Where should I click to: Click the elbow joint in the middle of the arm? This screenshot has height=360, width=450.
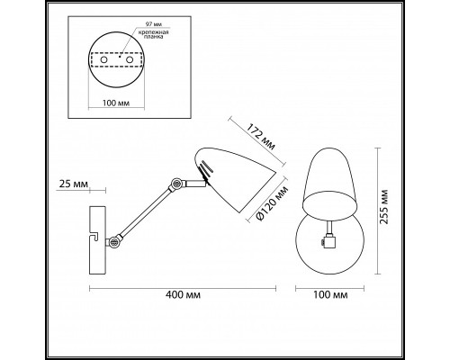[177, 184]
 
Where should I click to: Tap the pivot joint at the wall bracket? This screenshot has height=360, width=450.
[114, 240]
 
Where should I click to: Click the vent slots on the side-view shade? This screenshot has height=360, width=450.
[207, 168]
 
